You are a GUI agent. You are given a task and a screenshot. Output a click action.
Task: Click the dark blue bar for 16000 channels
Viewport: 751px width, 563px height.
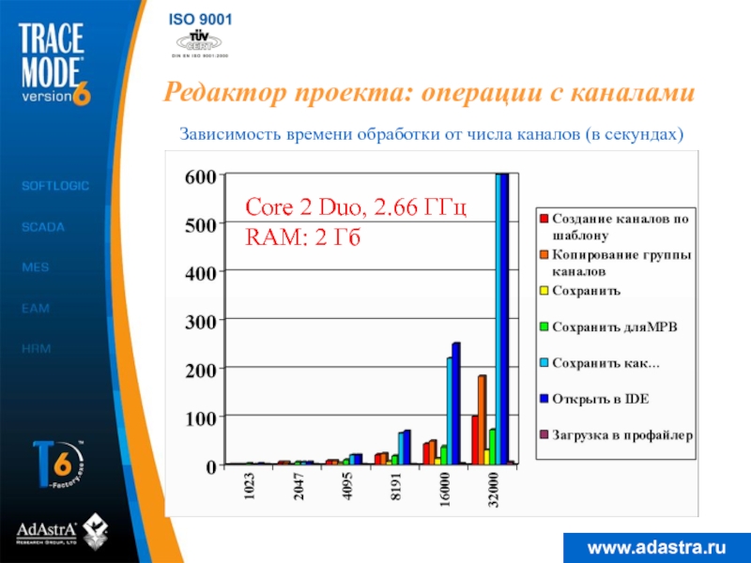(456, 403)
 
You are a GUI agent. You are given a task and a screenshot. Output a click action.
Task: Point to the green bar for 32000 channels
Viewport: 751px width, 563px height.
(492, 446)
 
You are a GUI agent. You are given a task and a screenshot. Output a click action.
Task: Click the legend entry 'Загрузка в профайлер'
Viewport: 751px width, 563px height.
(621, 434)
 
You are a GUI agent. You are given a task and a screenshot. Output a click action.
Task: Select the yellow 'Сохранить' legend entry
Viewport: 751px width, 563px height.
(586, 291)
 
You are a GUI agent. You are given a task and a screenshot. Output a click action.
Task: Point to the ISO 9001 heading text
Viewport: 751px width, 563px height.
(201, 20)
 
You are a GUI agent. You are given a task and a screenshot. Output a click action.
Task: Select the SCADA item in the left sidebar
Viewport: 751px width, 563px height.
(43, 227)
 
